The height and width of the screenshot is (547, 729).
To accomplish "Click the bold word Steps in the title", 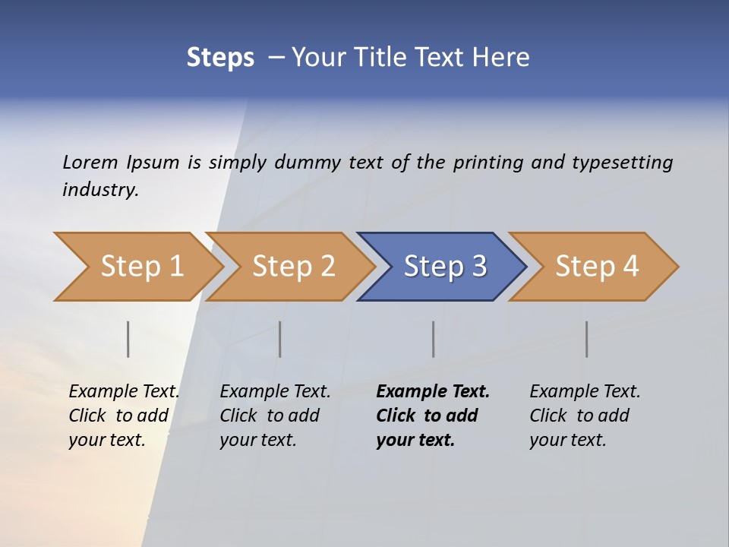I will [220, 58].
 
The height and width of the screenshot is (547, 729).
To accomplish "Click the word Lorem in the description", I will [90, 162].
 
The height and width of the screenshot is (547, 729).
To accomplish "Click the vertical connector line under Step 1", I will [128, 339].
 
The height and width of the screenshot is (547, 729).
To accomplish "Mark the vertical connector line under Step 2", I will [280, 339].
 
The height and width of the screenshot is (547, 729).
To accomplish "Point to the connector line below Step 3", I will [434, 339].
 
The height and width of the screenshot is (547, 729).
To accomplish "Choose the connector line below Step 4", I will [586, 339].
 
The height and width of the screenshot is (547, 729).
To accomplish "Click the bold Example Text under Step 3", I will [433, 391].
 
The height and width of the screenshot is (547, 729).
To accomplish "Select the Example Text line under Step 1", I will [124, 391].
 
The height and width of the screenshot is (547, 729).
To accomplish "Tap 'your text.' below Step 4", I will [567, 440].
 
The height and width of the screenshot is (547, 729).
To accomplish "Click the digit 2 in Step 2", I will [327, 267].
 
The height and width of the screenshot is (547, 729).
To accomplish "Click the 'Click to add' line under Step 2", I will [270, 416].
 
